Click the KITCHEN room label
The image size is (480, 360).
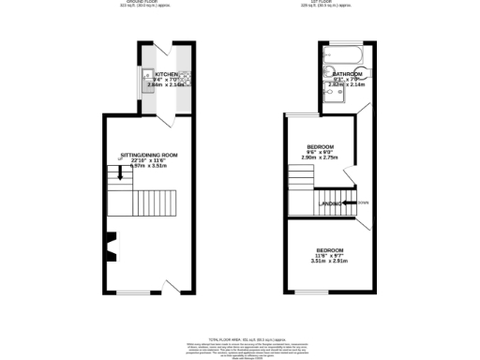tap(167, 73)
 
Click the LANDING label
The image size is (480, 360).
tap(330, 203)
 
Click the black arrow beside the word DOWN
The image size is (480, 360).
tap(352, 202)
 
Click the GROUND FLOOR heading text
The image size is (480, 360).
tap(139, 3)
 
